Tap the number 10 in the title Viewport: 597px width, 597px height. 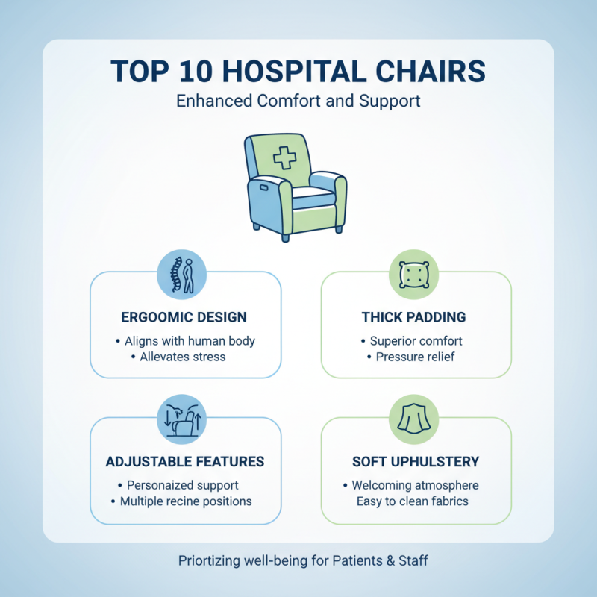pyautogui.click(x=196, y=72)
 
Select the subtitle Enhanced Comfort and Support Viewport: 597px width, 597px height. pyautogui.click(x=298, y=101)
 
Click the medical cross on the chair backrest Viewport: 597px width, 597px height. pyautogui.click(x=284, y=157)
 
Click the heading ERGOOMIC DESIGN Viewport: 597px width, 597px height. pyautogui.click(x=185, y=317)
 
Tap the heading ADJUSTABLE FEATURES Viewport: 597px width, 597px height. pyautogui.click(x=185, y=462)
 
